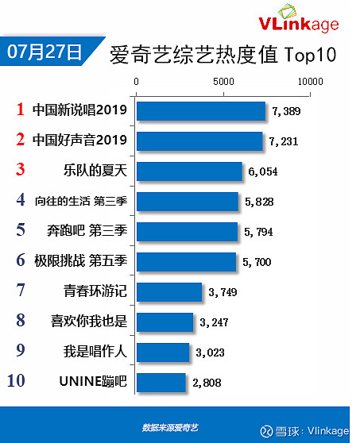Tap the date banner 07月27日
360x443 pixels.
pos(45,52)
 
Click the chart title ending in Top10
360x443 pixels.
pos(223,55)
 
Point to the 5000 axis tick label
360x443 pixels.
pos(223,82)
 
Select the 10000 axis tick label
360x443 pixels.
pos(310,82)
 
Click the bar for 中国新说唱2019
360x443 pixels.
pos(201,111)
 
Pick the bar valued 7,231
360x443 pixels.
pos(199,141)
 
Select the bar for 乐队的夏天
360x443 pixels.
pos(189,171)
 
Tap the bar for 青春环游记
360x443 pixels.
pos(169,292)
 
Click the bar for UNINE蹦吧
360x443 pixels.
pos(161,383)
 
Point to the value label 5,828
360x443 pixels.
pos(259,202)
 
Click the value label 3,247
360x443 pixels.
pos(214,322)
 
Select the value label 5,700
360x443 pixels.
pos(257,262)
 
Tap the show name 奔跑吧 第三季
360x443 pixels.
pos(87,230)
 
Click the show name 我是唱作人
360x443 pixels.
pos(95,351)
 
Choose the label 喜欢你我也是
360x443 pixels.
pos(89,321)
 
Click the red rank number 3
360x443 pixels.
pos(21,170)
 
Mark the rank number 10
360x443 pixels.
pos(16,380)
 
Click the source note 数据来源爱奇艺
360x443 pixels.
pos(170,428)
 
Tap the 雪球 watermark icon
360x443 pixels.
pos(266,431)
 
